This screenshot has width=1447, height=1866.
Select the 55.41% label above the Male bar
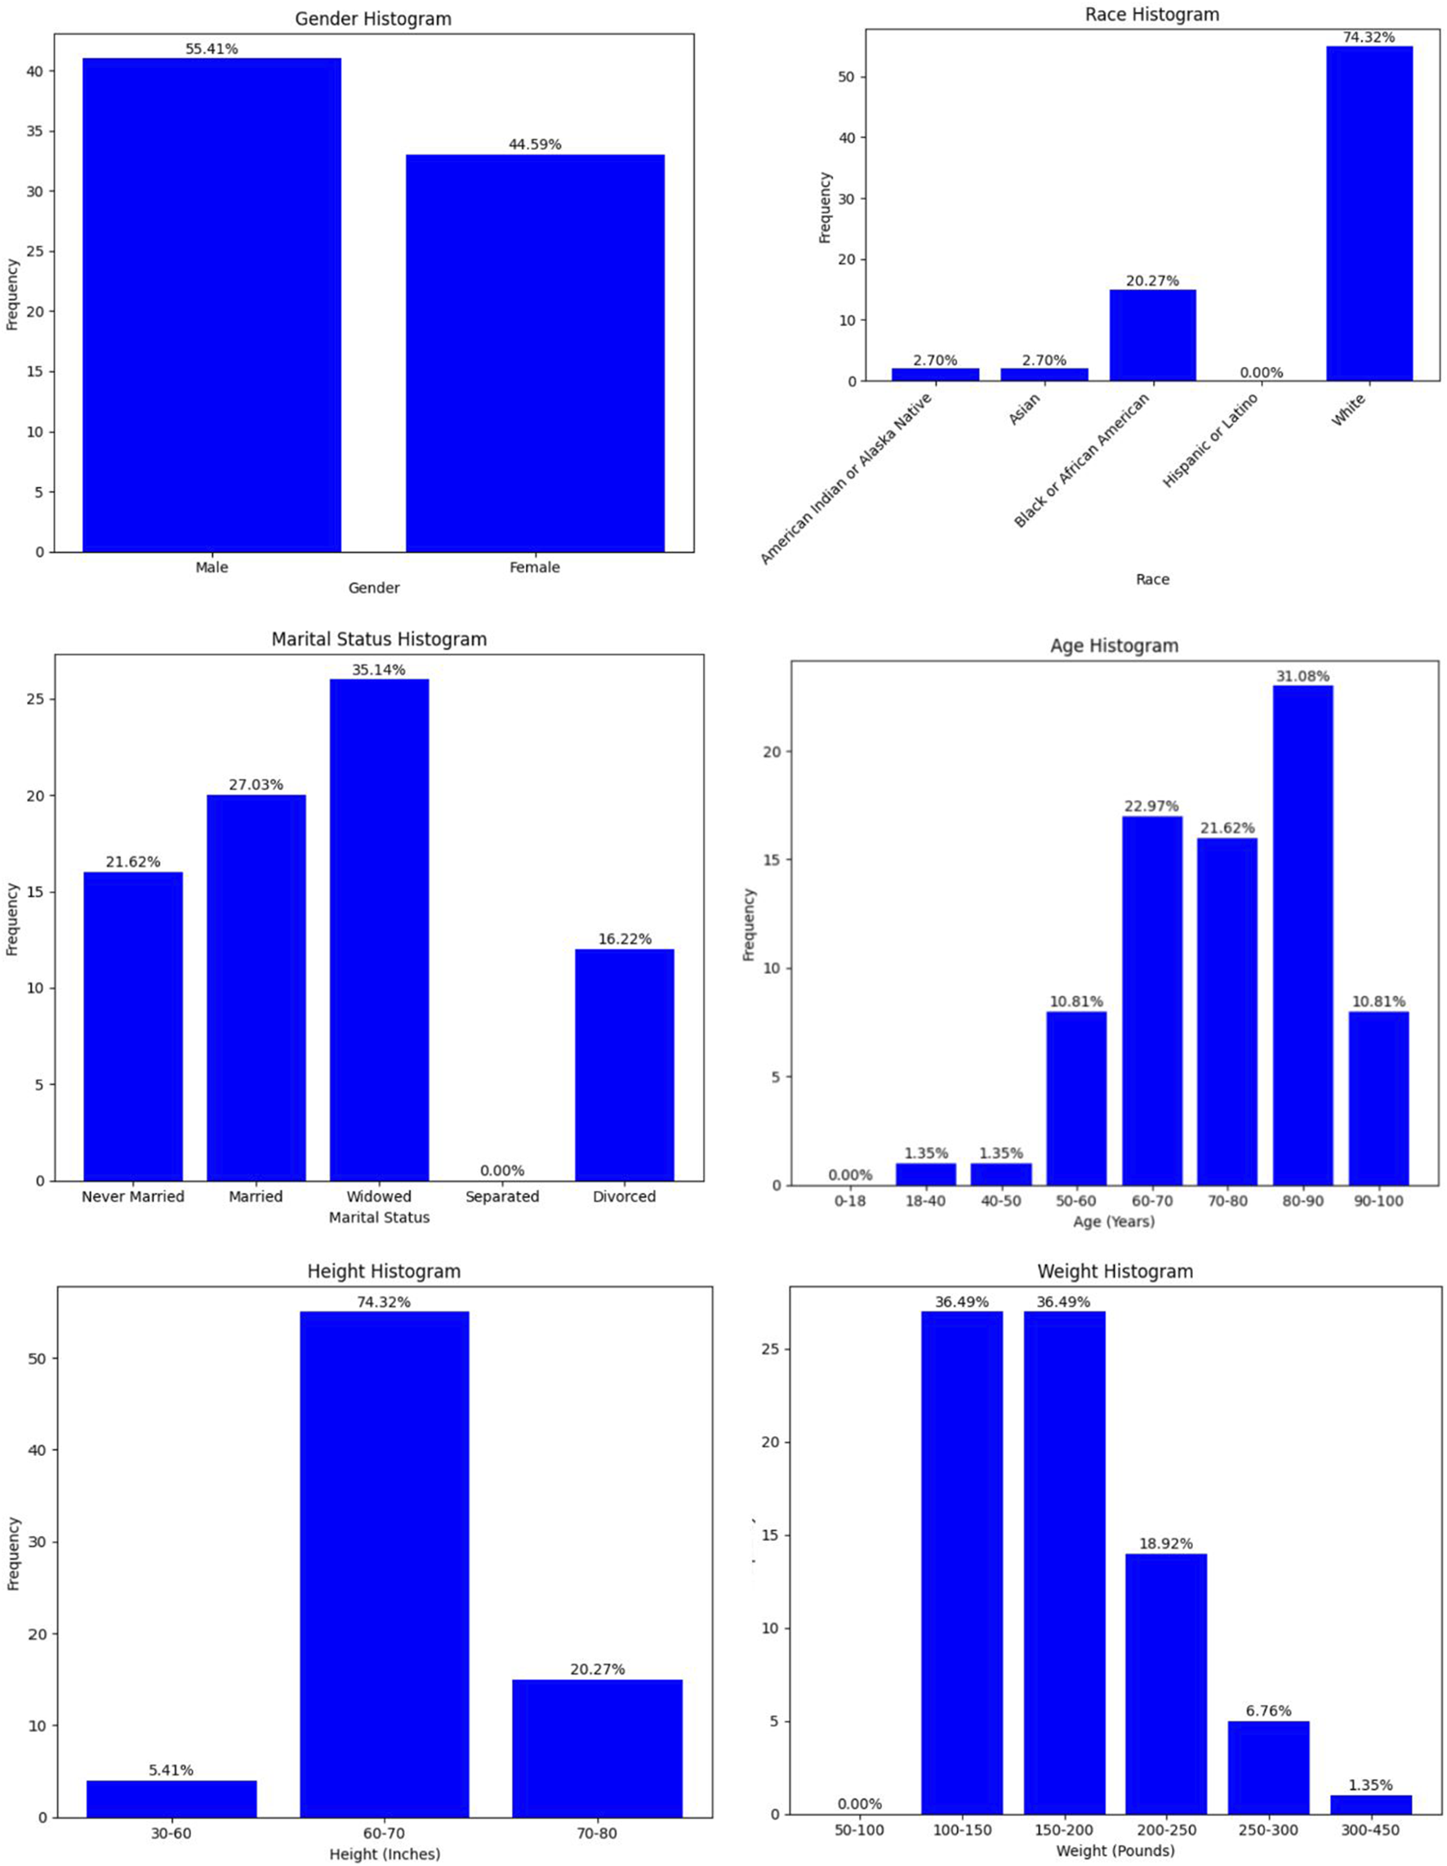[211, 50]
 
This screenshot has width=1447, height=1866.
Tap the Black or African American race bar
[1152, 335]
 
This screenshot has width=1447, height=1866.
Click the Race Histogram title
[1151, 15]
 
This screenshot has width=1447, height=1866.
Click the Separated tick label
[502, 1196]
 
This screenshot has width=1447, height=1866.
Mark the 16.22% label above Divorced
[625, 939]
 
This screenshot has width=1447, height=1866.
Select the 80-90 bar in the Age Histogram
[1302, 935]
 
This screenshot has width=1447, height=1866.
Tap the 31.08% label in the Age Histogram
[1302, 676]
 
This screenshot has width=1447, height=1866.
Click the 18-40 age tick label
[926, 1200]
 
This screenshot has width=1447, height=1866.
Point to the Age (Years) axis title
[1114, 1221]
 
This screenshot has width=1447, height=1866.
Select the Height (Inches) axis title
[385, 1854]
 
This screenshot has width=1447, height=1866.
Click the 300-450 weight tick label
[1371, 1831]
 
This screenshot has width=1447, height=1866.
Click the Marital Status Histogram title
[379, 639]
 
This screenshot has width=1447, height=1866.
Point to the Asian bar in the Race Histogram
[1044, 374]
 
